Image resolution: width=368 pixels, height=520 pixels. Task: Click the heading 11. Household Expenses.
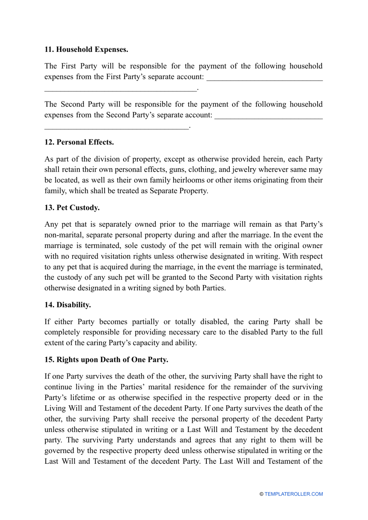86,49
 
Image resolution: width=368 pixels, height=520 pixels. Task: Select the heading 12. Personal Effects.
79,142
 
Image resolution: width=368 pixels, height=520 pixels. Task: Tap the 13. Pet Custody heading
72,208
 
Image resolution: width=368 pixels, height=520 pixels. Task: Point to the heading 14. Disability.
68,305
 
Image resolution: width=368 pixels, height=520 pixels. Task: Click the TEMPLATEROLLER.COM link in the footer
294,494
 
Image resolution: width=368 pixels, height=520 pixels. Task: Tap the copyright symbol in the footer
261,494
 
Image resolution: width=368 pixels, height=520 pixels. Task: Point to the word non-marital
64,235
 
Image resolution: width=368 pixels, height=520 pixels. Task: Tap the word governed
60,451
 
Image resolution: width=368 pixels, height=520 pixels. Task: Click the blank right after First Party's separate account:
265,77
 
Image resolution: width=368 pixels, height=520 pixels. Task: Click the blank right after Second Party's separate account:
268,116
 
